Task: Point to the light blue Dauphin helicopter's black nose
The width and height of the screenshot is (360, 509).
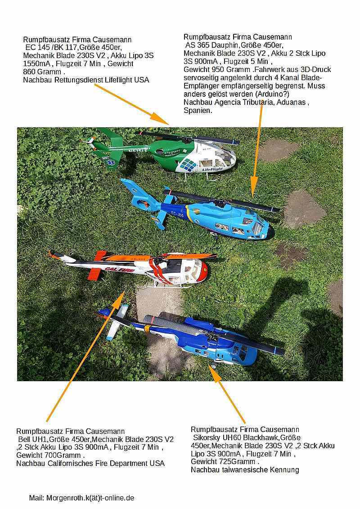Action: tap(270, 233)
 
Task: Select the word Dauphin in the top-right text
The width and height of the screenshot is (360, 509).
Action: tap(224, 45)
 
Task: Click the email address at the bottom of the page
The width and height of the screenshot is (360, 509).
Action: tap(90, 498)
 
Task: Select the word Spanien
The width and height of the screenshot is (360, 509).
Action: tap(198, 111)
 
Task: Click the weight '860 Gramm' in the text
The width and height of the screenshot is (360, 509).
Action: tap(42, 72)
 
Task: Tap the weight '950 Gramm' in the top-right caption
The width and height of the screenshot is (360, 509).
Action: tap(231, 69)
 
